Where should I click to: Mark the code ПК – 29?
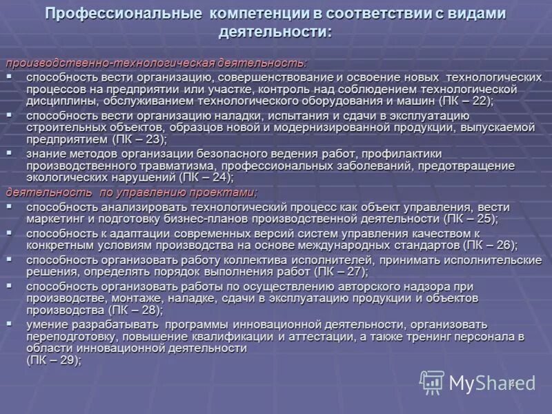tap(52, 360)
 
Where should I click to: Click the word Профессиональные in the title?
tap(124, 14)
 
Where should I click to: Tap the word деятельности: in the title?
tap(275, 32)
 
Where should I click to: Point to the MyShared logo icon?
tap(432, 382)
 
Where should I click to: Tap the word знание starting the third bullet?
tap(48, 155)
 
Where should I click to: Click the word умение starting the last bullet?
tap(48, 324)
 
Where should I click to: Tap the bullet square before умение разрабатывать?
tap(10, 323)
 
